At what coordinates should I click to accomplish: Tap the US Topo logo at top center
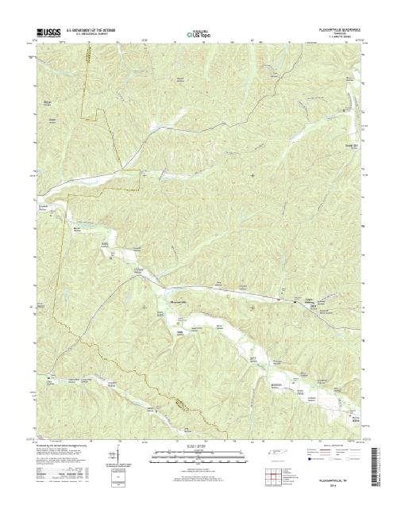point(198,33)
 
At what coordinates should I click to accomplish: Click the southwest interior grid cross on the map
point(144,304)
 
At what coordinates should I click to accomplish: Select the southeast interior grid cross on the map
point(253,304)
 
